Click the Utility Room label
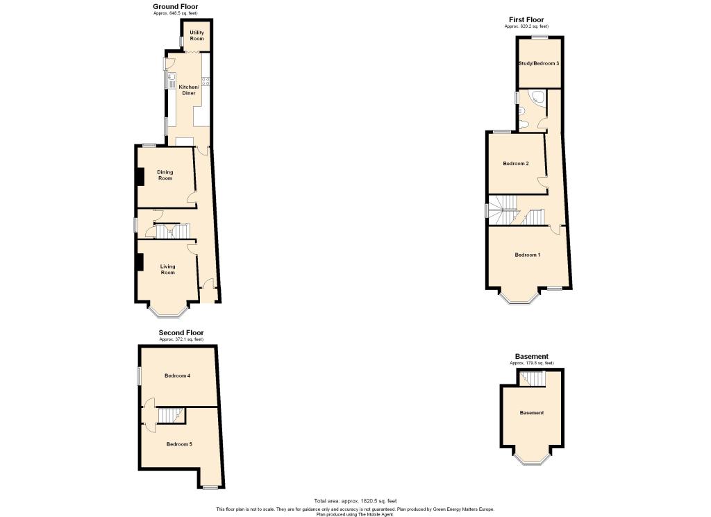click(x=196, y=35)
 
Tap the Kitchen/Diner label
click(x=189, y=90)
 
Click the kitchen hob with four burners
click(x=206, y=82)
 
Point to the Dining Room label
click(x=165, y=175)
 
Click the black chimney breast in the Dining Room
click(x=140, y=176)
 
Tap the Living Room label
click(x=167, y=269)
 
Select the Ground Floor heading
click(x=176, y=6)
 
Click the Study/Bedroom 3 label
click(x=539, y=63)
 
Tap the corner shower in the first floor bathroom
click(x=537, y=96)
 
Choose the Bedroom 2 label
click(x=516, y=164)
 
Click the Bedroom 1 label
click(x=528, y=255)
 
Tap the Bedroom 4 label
click(x=177, y=375)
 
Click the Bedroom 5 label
click(x=179, y=444)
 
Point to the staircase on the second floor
click(x=171, y=415)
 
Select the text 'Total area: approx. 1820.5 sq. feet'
click(x=355, y=500)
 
